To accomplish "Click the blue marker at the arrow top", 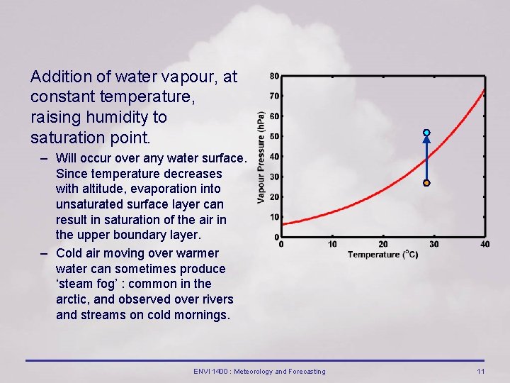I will tap(426, 133).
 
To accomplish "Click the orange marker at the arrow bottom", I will tap(426, 183).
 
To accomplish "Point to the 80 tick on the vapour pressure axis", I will tap(274, 76).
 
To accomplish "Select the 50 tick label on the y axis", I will tap(274, 136).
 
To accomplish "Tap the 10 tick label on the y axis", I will tap(274, 217).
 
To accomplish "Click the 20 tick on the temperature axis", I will tap(383, 245).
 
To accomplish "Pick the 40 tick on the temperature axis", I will tap(484, 245).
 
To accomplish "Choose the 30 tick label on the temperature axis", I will tap(434, 245).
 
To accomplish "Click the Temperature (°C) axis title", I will tap(382, 255).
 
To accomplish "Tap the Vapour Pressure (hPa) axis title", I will tap(261, 157).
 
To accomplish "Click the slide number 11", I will tap(480, 372).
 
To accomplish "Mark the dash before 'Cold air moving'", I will tap(45, 253).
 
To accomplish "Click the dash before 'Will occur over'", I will tap(45, 157).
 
